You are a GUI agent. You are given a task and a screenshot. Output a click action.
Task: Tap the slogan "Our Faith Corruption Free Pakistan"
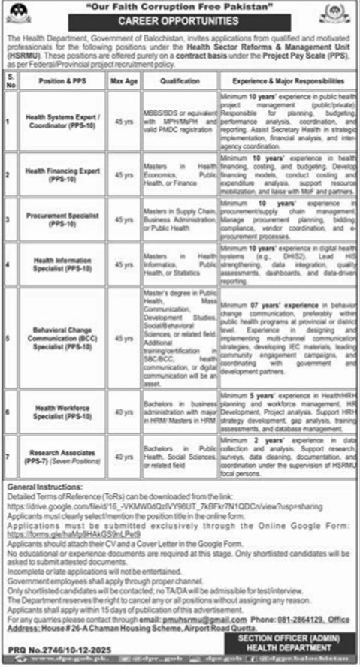(x=180, y=7)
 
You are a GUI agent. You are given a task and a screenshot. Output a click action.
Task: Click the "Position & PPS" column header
(x=62, y=76)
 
